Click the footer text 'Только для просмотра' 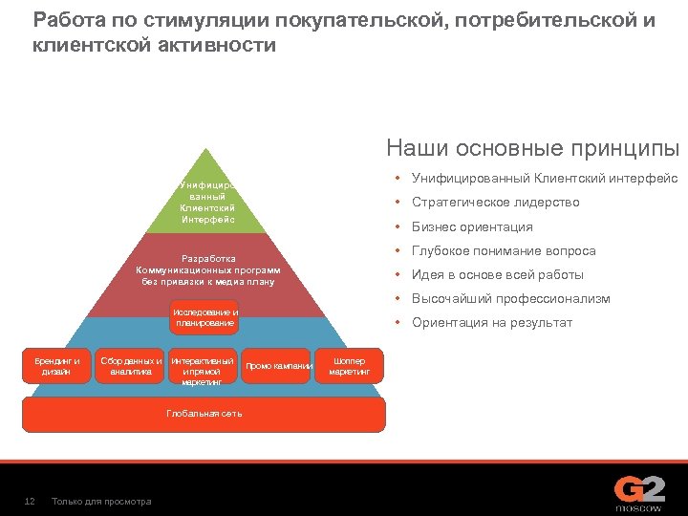click(101, 502)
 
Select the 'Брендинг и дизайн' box click(56, 366)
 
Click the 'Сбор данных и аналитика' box click(131, 366)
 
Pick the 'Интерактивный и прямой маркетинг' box click(202, 371)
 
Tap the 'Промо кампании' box click(279, 366)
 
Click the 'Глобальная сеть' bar click(204, 414)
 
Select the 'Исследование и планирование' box click(205, 318)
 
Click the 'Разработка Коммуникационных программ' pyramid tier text click(207, 269)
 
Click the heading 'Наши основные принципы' click(532, 148)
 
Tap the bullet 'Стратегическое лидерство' click(495, 203)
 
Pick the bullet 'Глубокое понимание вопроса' click(504, 251)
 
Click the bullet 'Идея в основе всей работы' click(497, 275)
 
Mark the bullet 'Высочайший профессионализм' click(510, 299)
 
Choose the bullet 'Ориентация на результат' click(492, 323)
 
